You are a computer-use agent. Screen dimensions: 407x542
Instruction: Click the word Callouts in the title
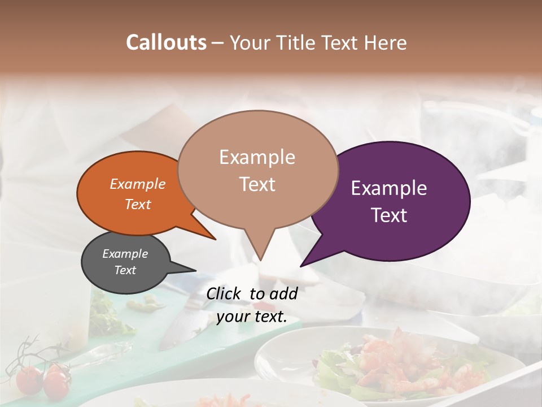pos(166,42)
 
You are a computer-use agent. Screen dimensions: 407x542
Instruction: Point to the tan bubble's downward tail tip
pos(260,259)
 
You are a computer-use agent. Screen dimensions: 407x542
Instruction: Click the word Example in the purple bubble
pos(388,188)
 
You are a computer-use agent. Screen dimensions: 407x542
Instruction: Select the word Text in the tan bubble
pos(257,184)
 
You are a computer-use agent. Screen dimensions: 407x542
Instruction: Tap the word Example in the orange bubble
pos(138,184)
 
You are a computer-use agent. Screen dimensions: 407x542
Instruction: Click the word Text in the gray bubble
pos(125,270)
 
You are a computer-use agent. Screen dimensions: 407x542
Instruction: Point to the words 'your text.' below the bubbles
pos(252,317)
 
